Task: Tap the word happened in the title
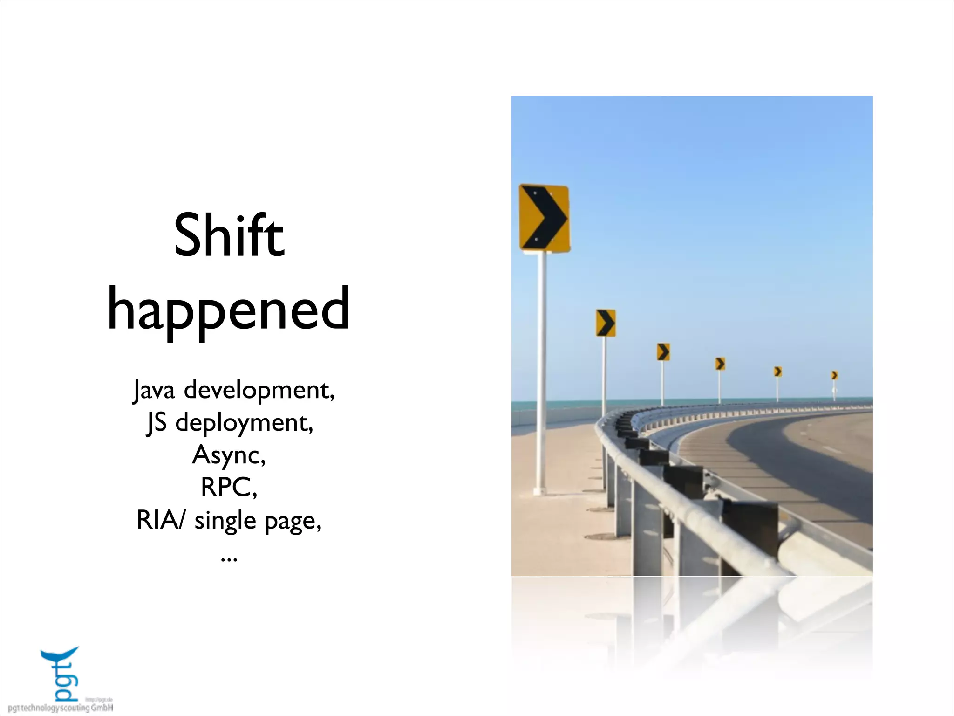229,310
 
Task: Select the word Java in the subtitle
154,390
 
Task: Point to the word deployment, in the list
244,423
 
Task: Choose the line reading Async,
229,455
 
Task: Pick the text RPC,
229,488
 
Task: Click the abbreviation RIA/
160,520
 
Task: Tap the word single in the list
225,521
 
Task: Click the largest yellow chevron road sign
544,218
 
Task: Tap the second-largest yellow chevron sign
606,323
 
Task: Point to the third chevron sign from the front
663,352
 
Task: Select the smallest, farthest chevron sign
835,375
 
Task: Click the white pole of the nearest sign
542,373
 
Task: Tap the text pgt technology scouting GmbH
61,708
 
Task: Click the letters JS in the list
157,423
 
